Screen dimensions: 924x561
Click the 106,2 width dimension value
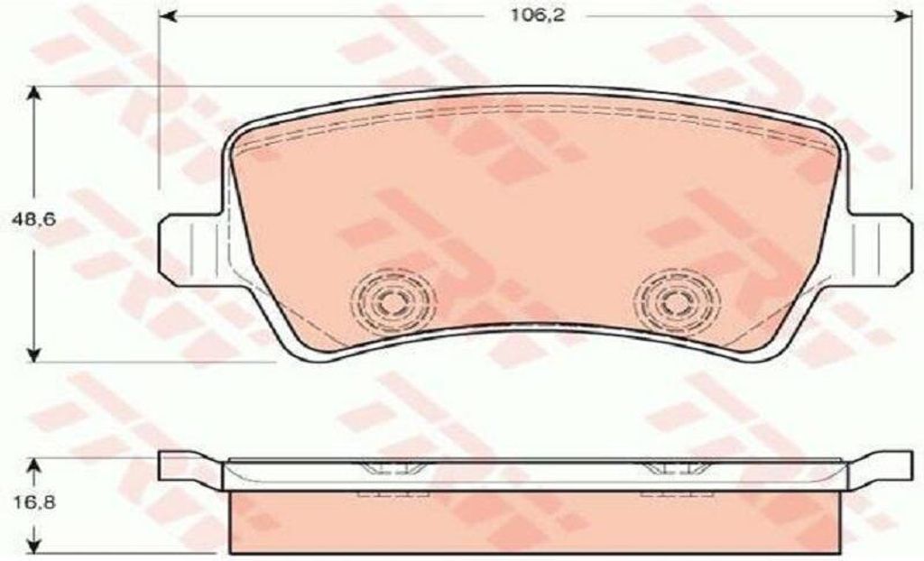(x=537, y=16)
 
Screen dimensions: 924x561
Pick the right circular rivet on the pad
(x=677, y=302)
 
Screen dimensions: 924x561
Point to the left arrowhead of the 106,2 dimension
(x=169, y=16)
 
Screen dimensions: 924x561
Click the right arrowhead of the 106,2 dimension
(x=902, y=16)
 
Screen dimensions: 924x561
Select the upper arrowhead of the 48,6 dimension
(x=34, y=96)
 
